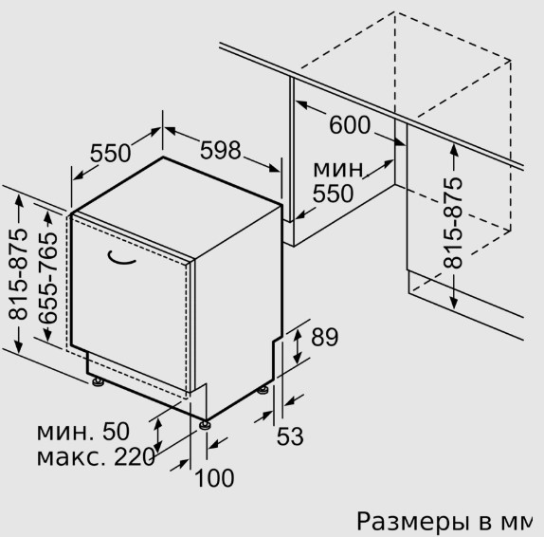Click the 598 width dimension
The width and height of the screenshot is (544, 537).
220,150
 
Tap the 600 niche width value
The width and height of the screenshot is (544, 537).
350,125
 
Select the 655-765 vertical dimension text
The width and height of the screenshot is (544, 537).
47,278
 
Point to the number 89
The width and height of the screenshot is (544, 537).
324,337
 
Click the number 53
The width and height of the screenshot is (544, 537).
290,436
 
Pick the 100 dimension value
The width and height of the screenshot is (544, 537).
215,478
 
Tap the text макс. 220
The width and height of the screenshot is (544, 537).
96,456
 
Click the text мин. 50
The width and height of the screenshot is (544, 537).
83,432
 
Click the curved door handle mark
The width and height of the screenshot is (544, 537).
120,258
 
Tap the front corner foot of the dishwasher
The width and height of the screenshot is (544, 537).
205,425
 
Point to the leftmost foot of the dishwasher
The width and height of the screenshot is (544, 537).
99,381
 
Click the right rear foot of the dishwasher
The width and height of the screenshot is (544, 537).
263,390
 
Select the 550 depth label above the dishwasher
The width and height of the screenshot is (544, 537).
110,153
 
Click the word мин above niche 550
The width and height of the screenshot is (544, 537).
338,169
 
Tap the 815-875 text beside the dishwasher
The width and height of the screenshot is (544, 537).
17,274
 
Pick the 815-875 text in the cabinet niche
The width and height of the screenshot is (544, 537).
453,223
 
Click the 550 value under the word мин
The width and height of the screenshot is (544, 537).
333,194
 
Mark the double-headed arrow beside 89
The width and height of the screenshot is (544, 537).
298,346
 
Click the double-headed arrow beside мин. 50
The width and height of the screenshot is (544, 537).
158,435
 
